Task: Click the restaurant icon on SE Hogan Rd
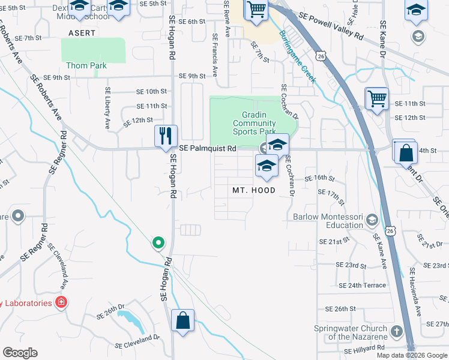[x=166, y=136]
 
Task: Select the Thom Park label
[x=86, y=65]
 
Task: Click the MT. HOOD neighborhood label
[x=254, y=190]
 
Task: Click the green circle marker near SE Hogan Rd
[x=158, y=242]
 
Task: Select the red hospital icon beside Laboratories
[x=61, y=302]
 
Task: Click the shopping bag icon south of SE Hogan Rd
[x=182, y=320]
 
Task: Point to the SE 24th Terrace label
[x=363, y=285]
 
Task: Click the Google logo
[x=20, y=353]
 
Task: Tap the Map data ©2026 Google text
[x=412, y=355]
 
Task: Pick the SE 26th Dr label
[x=113, y=308]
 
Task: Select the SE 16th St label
[x=319, y=178]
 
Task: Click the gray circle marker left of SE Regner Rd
[x=17, y=215]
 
